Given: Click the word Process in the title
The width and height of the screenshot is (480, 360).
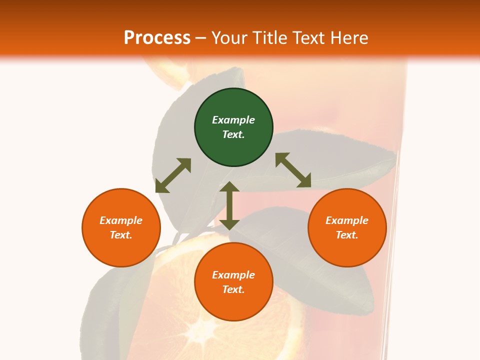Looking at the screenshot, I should pyautogui.click(x=157, y=38).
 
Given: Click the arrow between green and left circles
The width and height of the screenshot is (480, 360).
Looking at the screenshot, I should pyautogui.click(x=173, y=175).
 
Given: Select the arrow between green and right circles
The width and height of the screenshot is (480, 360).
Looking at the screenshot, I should pyautogui.click(x=293, y=170).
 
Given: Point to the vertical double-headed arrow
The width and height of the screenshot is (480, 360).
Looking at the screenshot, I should pyautogui.click(x=229, y=205).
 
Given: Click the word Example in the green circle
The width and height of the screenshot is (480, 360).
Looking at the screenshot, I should pyautogui.click(x=233, y=120).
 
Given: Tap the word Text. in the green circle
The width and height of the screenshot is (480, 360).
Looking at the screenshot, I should pyautogui.click(x=233, y=134).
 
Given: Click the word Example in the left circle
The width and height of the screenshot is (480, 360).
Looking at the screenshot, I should pyautogui.click(x=121, y=220).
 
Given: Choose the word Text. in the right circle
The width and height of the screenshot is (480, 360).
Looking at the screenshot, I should pyautogui.click(x=347, y=235).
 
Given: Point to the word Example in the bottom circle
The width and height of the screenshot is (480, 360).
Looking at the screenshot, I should pyautogui.click(x=233, y=275).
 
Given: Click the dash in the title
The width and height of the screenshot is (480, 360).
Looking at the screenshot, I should pyautogui.click(x=201, y=38).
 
